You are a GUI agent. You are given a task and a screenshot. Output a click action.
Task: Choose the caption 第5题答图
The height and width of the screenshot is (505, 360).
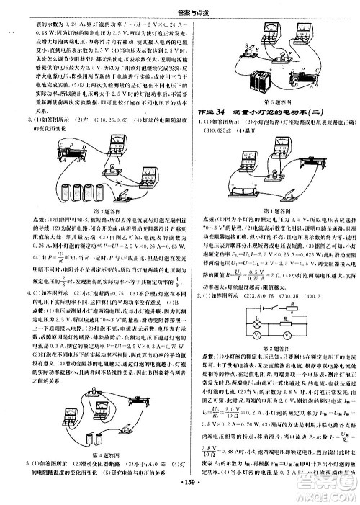tap(270, 101)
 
